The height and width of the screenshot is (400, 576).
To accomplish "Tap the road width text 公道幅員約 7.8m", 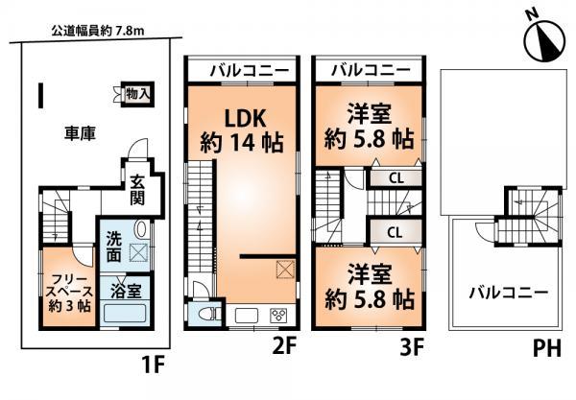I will pos(91,32).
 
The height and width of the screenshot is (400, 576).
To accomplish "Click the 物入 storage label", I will pos(138,93).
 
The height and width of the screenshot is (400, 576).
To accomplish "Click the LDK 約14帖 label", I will pos(240,133).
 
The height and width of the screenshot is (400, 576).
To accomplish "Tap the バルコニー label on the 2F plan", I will pos(245,70).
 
